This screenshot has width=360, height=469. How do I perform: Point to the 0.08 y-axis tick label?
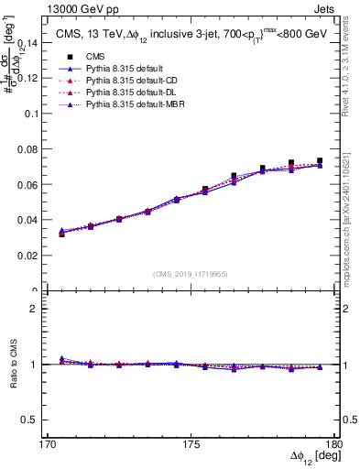[41, 149]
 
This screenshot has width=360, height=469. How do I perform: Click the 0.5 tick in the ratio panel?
[44, 420]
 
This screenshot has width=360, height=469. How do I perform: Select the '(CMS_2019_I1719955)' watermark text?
[191, 272]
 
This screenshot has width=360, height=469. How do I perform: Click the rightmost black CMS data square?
[320, 161]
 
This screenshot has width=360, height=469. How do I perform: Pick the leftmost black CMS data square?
[62, 234]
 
